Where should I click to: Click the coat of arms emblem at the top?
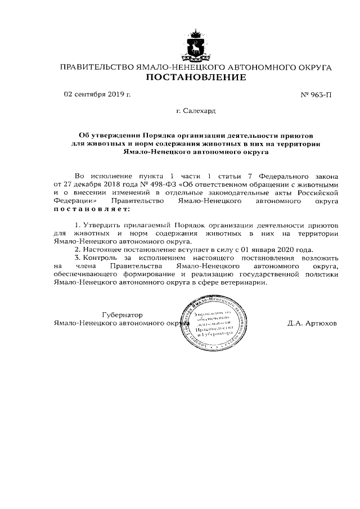pyautogui.click(x=196, y=44)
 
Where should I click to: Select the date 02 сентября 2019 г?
pyautogui.click(x=97, y=94)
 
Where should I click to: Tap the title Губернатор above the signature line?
pyautogui.click(x=122, y=315)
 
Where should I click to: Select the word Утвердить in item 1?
pyautogui.click(x=103, y=224)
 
